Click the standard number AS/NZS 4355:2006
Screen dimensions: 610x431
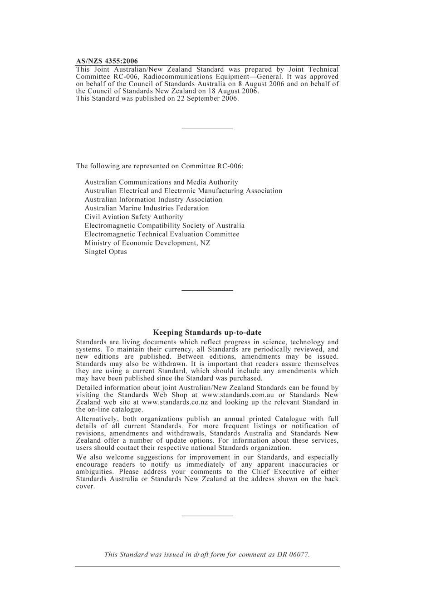[x=107, y=61]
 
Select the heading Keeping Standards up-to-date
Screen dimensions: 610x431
[x=207, y=332]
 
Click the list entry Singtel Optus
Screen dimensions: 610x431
[x=106, y=252]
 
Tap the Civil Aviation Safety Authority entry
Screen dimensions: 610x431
[x=134, y=217]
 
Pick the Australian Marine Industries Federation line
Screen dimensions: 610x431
[x=147, y=208]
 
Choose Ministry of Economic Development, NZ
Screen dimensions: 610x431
[x=147, y=243]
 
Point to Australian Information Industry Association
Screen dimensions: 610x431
[x=153, y=200]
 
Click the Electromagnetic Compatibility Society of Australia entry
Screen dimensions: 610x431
[x=164, y=225]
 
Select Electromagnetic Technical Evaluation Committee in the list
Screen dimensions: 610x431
[x=162, y=234]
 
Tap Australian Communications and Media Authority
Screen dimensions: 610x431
[x=161, y=182]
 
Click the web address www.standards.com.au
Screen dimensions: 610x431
[x=238, y=395]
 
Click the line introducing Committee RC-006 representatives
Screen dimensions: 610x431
[x=160, y=166]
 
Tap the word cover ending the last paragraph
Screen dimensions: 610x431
[x=85, y=487]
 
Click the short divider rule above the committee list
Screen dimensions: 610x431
[x=207, y=128]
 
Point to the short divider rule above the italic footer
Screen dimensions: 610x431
[x=207, y=516]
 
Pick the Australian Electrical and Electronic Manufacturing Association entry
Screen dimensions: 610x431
[x=183, y=191]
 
